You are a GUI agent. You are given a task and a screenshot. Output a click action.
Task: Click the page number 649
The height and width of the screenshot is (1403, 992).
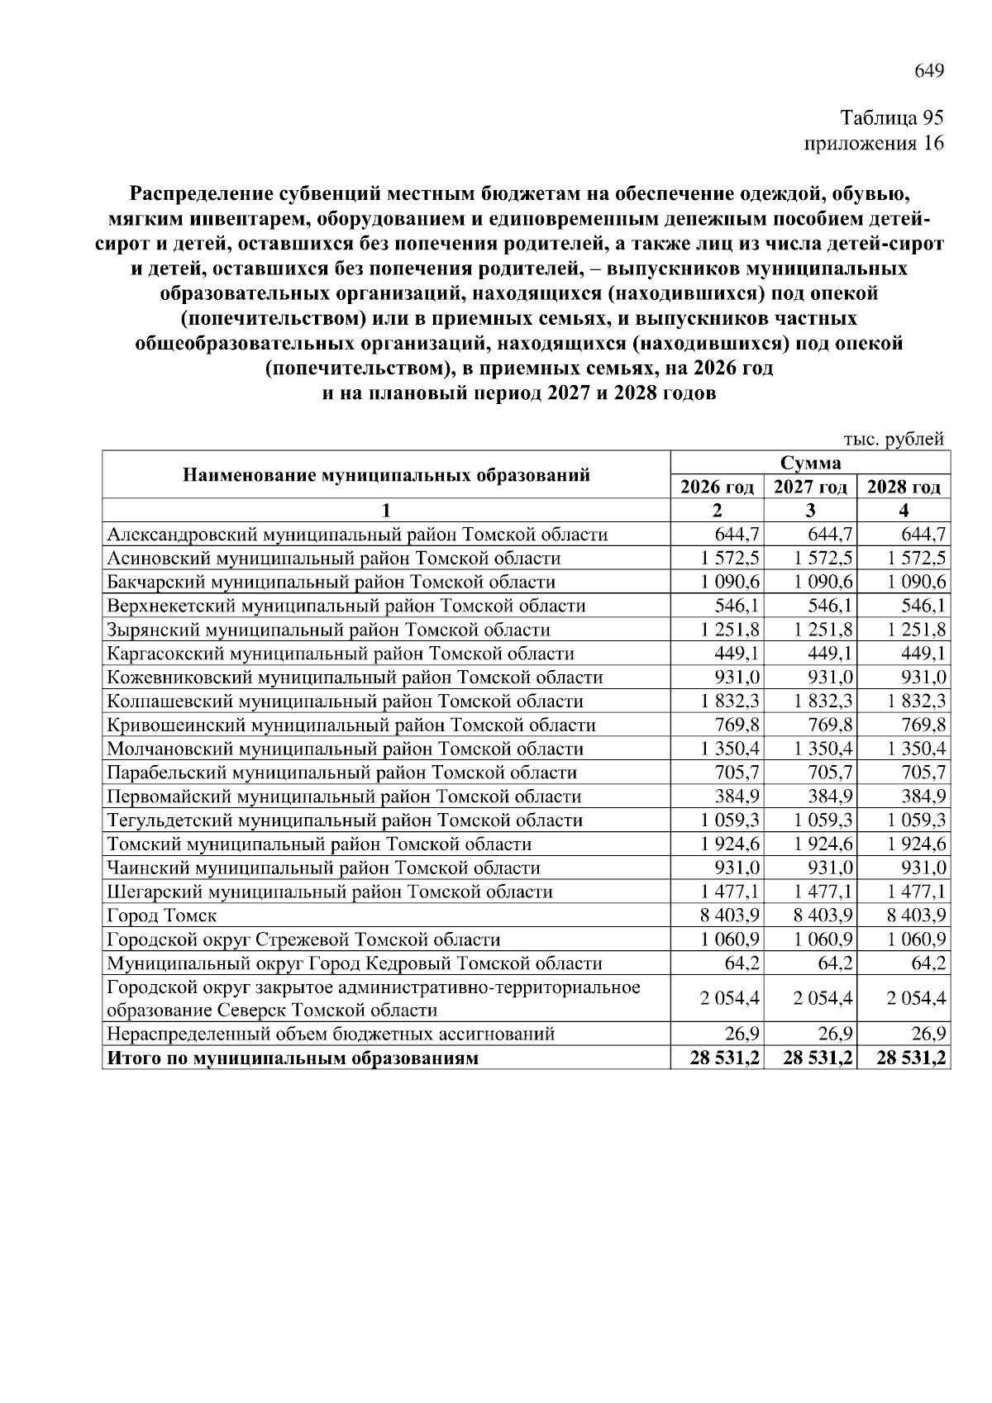coord(928,71)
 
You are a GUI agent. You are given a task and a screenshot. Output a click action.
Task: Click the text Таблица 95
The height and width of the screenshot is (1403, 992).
coord(891,118)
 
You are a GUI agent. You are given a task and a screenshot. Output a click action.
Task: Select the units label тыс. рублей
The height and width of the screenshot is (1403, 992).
coord(894,439)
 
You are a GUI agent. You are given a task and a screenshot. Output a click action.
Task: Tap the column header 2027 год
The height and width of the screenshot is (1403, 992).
coord(810,487)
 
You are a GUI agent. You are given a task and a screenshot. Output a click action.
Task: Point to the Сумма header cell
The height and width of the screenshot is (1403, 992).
coord(809,463)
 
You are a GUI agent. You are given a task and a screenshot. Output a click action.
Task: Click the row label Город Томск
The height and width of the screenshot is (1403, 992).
coord(162,916)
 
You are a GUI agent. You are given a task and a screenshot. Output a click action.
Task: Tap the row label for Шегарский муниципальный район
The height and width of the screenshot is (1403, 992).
coord(329,892)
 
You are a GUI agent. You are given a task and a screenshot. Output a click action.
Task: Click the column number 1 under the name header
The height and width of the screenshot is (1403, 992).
coord(385,510)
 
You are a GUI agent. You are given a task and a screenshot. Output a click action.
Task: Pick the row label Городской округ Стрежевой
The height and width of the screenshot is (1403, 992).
coord(303,939)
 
